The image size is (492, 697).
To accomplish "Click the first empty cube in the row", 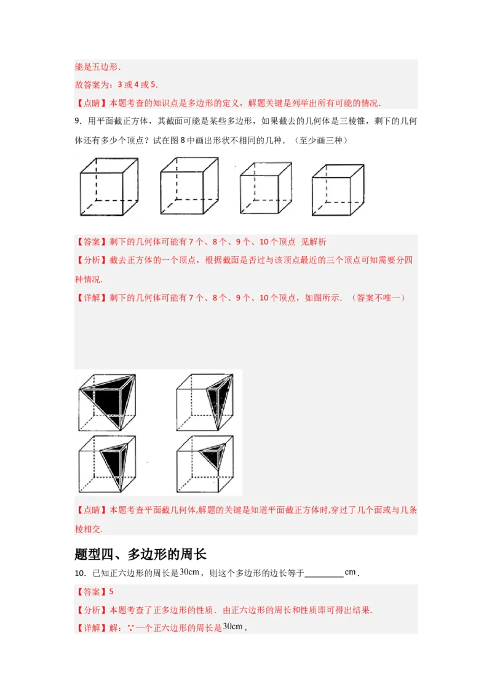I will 110,187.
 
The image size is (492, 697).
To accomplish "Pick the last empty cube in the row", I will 336,188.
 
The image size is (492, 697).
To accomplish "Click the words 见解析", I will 318,242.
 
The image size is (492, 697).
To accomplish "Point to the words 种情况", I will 89,279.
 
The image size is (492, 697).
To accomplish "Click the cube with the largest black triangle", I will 107,401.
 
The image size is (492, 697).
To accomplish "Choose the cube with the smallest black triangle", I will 205,463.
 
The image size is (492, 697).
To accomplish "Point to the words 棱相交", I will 89,529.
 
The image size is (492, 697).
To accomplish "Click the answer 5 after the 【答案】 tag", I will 111,592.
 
